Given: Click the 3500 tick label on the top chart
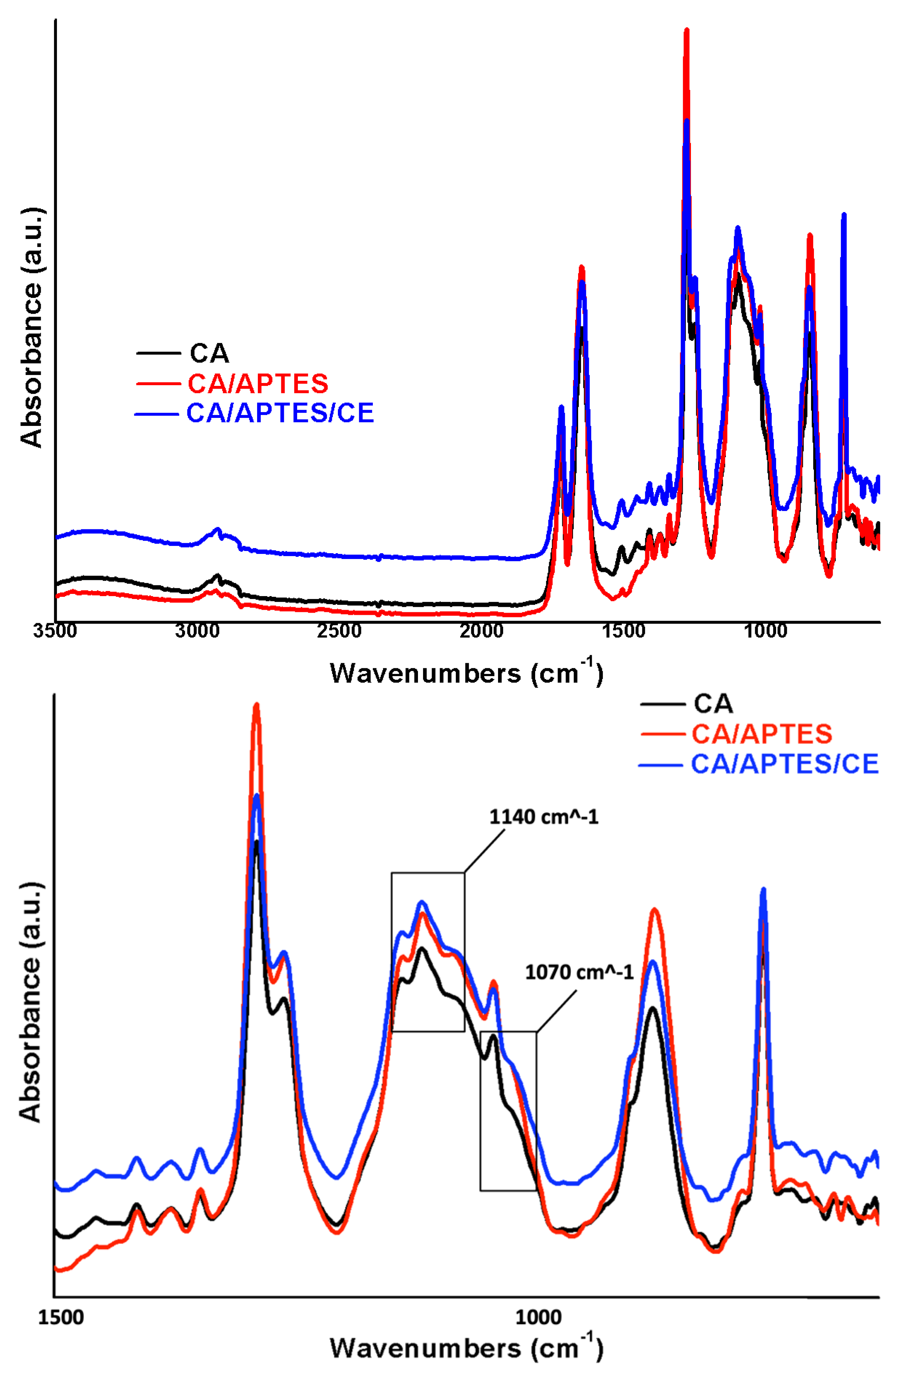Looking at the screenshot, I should tap(55, 630).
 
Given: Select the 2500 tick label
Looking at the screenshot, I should tap(339, 630).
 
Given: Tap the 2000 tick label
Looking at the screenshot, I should tap(481, 630).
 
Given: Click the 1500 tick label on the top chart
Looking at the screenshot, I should tap(624, 630).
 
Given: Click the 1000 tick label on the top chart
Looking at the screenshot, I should tap(766, 630).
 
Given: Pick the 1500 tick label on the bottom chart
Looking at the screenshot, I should tap(61, 1317).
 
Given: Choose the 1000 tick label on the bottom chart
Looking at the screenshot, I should tap(538, 1317).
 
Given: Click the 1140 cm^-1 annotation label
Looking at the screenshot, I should tap(544, 817).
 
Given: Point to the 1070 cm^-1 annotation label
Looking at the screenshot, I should tap(579, 972).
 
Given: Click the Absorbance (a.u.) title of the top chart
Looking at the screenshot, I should tap(32, 327).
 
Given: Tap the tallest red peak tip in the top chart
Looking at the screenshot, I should tap(686, 30).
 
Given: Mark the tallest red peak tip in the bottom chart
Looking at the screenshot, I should tap(256, 705).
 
